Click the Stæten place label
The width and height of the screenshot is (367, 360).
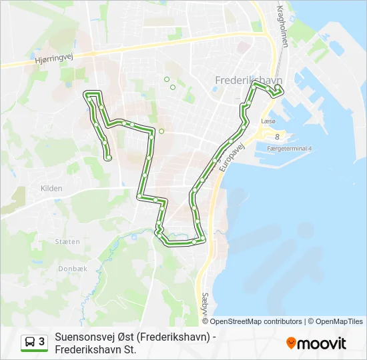coord(67,241)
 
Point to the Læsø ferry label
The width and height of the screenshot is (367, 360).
coord(268,122)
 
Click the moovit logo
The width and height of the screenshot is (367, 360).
coord(316,343)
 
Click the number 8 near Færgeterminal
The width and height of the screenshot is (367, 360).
coord(277,136)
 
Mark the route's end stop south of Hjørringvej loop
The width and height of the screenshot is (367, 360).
coord(108,158)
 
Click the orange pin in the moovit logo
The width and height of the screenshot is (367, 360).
coord(291,343)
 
